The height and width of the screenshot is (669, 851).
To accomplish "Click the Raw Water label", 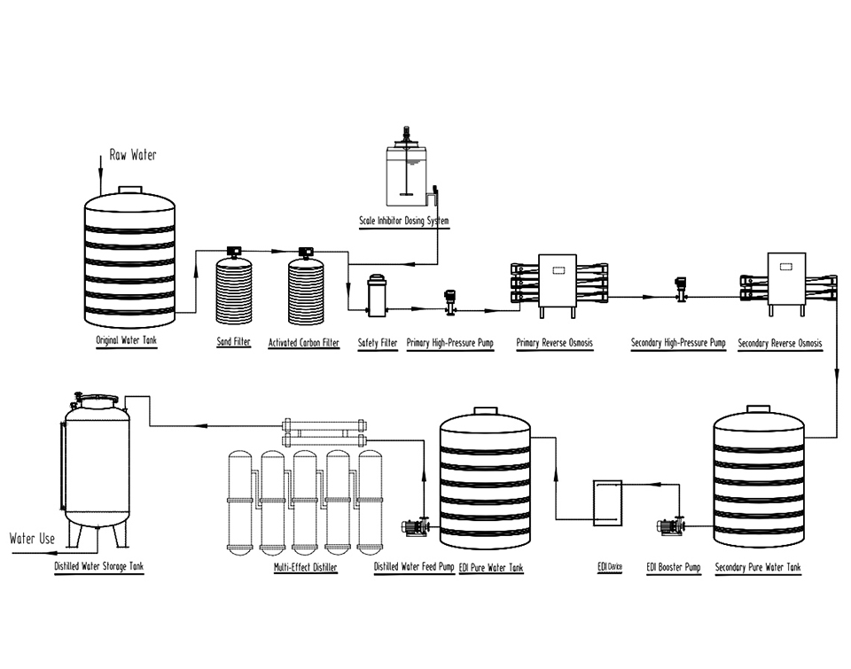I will pos(133,155).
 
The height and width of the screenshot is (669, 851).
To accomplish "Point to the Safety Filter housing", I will pos(377,295).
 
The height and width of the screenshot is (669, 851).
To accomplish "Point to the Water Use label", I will pos(32,539).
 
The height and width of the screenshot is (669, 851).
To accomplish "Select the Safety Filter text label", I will pos(377,342).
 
